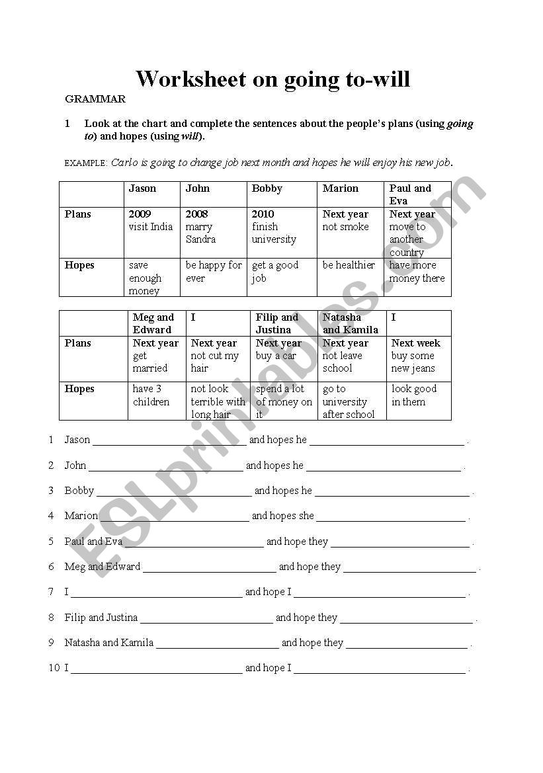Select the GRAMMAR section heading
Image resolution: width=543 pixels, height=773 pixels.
[95, 99]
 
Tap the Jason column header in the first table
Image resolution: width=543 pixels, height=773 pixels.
[142, 188]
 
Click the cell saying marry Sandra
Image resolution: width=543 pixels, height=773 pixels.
[200, 233]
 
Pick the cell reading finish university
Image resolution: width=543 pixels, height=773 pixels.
[274, 233]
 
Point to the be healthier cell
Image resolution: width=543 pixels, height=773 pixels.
[349, 265]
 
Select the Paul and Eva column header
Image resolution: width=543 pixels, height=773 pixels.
[410, 194]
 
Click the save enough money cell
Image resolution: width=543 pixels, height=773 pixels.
[146, 278]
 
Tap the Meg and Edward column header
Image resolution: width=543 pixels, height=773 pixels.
[153, 323]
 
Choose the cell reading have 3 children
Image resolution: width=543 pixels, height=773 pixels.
[151, 395]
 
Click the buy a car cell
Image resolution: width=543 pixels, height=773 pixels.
[276, 356]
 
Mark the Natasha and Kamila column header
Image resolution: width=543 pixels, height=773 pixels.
[350, 323]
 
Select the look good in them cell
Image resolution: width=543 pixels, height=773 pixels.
[414, 395]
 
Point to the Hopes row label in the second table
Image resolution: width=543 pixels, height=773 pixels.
[79, 389]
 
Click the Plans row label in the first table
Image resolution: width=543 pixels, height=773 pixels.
[78, 214]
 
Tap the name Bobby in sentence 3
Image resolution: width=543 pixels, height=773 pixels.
[79, 491]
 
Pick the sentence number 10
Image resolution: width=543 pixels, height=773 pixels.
[54, 668]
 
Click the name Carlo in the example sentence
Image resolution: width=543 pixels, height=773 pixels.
[124, 162]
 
